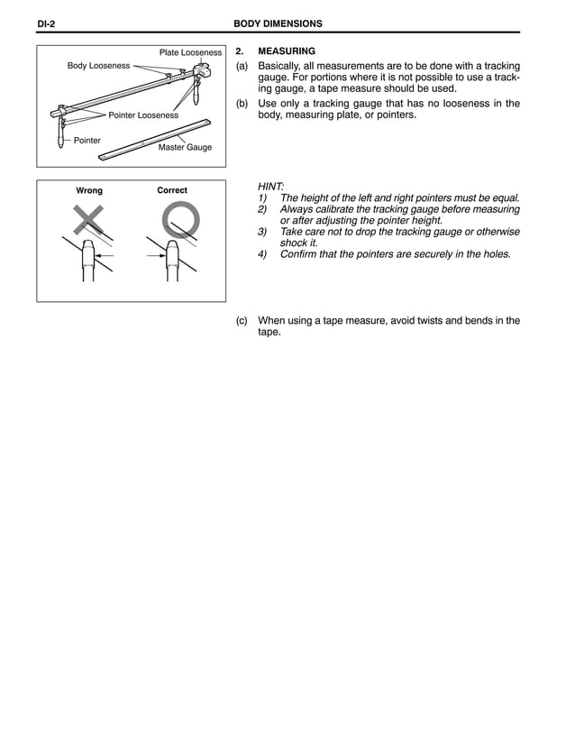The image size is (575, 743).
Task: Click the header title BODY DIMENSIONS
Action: pyautogui.click(x=278, y=23)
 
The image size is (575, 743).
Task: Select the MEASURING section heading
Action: pyautogui.click(x=287, y=51)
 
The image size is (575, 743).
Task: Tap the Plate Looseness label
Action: pyautogui.click(x=190, y=53)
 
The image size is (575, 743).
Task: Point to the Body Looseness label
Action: pyautogui.click(x=98, y=66)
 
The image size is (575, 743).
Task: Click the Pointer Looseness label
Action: pyautogui.click(x=143, y=115)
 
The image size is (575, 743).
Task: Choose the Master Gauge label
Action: pyautogui.click(x=185, y=147)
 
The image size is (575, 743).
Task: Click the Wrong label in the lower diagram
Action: pyautogui.click(x=89, y=190)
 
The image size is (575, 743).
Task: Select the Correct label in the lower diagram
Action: pyautogui.click(x=172, y=190)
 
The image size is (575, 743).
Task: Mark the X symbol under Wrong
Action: pyautogui.click(x=88, y=220)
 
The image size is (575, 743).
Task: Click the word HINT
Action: pyautogui.click(x=270, y=185)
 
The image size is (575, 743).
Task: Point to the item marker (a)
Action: pyautogui.click(x=242, y=67)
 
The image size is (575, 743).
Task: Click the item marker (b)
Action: pyautogui.click(x=242, y=104)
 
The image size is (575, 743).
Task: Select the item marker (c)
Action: pyautogui.click(x=242, y=320)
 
